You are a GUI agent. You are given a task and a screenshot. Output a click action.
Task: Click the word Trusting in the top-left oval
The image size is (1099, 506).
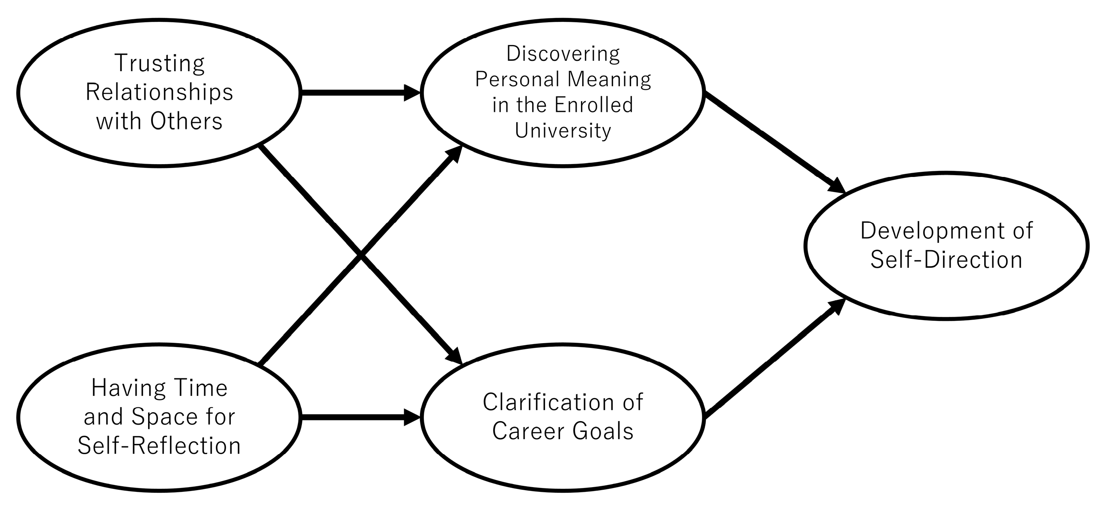pyautogui.click(x=159, y=64)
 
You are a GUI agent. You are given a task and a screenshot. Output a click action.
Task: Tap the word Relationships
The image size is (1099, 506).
pyautogui.click(x=159, y=92)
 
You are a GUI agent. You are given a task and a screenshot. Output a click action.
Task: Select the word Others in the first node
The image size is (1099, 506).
pyautogui.click(x=186, y=121)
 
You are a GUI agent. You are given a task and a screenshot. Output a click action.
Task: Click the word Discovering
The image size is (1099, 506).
pyautogui.click(x=563, y=54)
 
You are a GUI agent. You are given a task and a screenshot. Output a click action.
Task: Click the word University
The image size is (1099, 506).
pyautogui.click(x=563, y=130)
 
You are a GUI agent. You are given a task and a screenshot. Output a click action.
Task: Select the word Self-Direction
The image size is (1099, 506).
pyautogui.click(x=946, y=260)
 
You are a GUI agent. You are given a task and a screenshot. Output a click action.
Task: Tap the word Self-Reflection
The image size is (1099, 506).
pyautogui.click(x=159, y=446)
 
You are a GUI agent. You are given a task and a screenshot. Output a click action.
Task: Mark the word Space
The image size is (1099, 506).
pyautogui.click(x=159, y=417)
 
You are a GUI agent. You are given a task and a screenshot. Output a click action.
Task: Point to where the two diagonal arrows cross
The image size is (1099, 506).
pyautogui.click(x=360, y=256)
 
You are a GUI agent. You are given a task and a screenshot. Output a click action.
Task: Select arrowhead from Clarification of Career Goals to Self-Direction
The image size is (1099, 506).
pyautogui.click(x=837, y=307)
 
